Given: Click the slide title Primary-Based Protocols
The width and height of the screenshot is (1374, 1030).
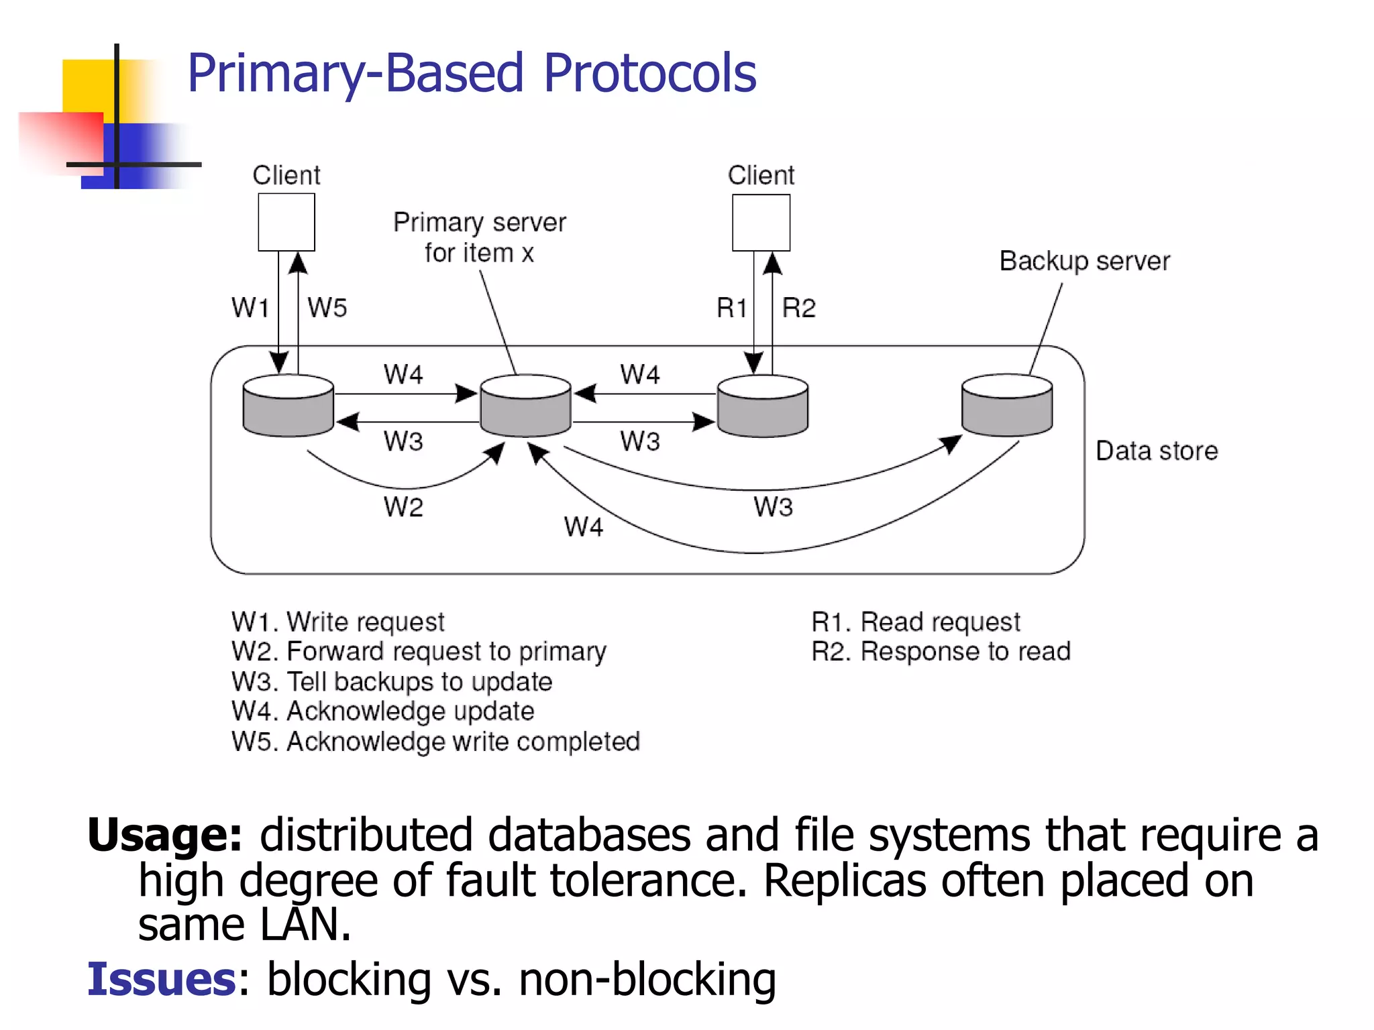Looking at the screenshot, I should pyautogui.click(x=472, y=73).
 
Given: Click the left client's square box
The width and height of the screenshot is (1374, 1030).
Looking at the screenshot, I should pyautogui.click(x=286, y=222).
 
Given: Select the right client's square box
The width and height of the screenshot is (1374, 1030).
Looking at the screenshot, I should pyautogui.click(x=761, y=223).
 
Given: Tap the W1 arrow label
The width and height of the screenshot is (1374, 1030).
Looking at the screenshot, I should pyautogui.click(x=250, y=308).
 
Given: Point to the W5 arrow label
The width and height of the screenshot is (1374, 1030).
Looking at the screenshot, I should pyautogui.click(x=327, y=308).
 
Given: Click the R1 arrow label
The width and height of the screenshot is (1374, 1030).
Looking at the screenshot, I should pyautogui.click(x=731, y=308).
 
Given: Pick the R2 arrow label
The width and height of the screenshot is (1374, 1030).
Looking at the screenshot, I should pyautogui.click(x=799, y=308).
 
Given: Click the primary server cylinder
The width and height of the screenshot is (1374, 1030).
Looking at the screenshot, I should pyautogui.click(x=525, y=406).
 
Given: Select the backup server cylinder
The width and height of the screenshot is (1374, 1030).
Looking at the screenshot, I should pyautogui.click(x=1006, y=405).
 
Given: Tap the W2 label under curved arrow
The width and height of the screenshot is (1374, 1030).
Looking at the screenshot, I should pyautogui.click(x=403, y=507).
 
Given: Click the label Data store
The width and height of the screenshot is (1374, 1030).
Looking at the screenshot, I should pyautogui.click(x=1156, y=451).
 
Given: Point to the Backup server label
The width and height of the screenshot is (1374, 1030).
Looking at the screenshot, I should pyautogui.click(x=1084, y=261).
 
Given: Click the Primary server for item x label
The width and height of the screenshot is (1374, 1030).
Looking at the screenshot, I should pyautogui.click(x=479, y=237).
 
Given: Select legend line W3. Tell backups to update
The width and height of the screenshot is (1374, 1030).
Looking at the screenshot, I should pyautogui.click(x=392, y=681).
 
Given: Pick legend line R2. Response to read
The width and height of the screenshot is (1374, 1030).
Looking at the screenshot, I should pyautogui.click(x=941, y=651).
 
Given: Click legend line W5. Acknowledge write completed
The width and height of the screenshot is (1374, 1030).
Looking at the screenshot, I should pyautogui.click(x=435, y=742).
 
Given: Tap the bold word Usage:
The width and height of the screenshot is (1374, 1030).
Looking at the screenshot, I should pyautogui.click(x=164, y=836).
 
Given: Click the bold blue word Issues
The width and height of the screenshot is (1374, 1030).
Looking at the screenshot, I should pyautogui.click(x=161, y=979).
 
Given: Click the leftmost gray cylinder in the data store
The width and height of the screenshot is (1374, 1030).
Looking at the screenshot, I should pyautogui.click(x=288, y=406).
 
